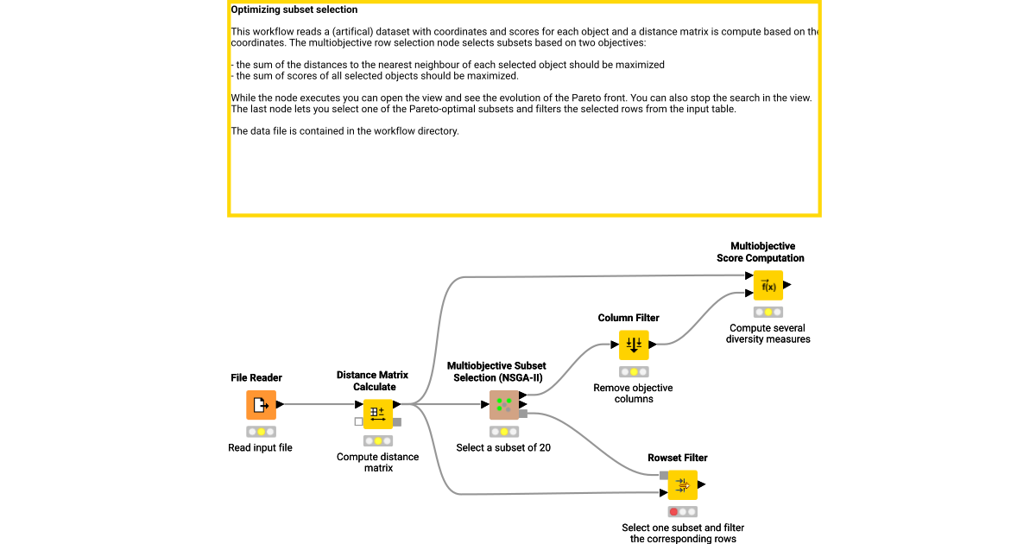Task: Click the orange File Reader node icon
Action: click(x=261, y=404)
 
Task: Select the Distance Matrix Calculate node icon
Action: click(x=377, y=414)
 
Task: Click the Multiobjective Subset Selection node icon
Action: click(x=503, y=404)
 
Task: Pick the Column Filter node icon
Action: click(x=634, y=345)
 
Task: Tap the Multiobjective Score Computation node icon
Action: click(x=768, y=286)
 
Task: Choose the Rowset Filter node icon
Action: click(x=682, y=485)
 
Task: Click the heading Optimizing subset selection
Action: click(x=294, y=10)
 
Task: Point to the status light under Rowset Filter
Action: click(x=682, y=511)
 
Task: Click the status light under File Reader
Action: click(x=261, y=431)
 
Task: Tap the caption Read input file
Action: click(x=261, y=448)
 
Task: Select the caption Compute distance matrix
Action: click(x=377, y=463)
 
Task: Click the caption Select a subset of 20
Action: click(x=503, y=448)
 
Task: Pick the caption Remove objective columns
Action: click(x=634, y=394)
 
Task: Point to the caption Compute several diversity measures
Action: click(x=768, y=334)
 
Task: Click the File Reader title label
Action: click(x=256, y=378)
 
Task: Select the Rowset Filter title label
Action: click(x=678, y=458)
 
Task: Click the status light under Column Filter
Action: click(x=634, y=371)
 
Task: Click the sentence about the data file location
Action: click(x=344, y=131)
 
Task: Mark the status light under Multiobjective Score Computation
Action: click(x=768, y=312)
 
